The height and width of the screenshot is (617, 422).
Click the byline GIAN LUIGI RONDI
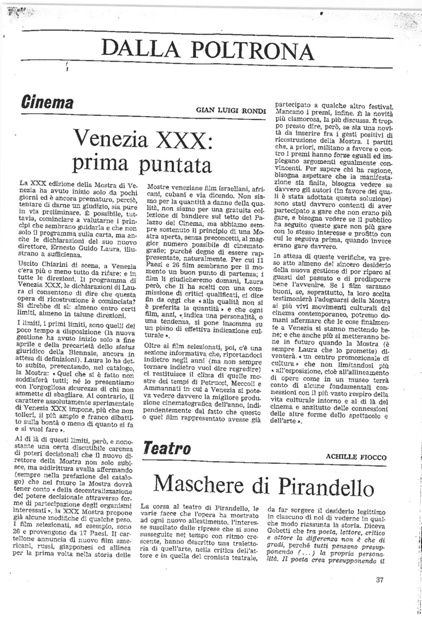(229, 109)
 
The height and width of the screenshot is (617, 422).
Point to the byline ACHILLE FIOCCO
(356, 456)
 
